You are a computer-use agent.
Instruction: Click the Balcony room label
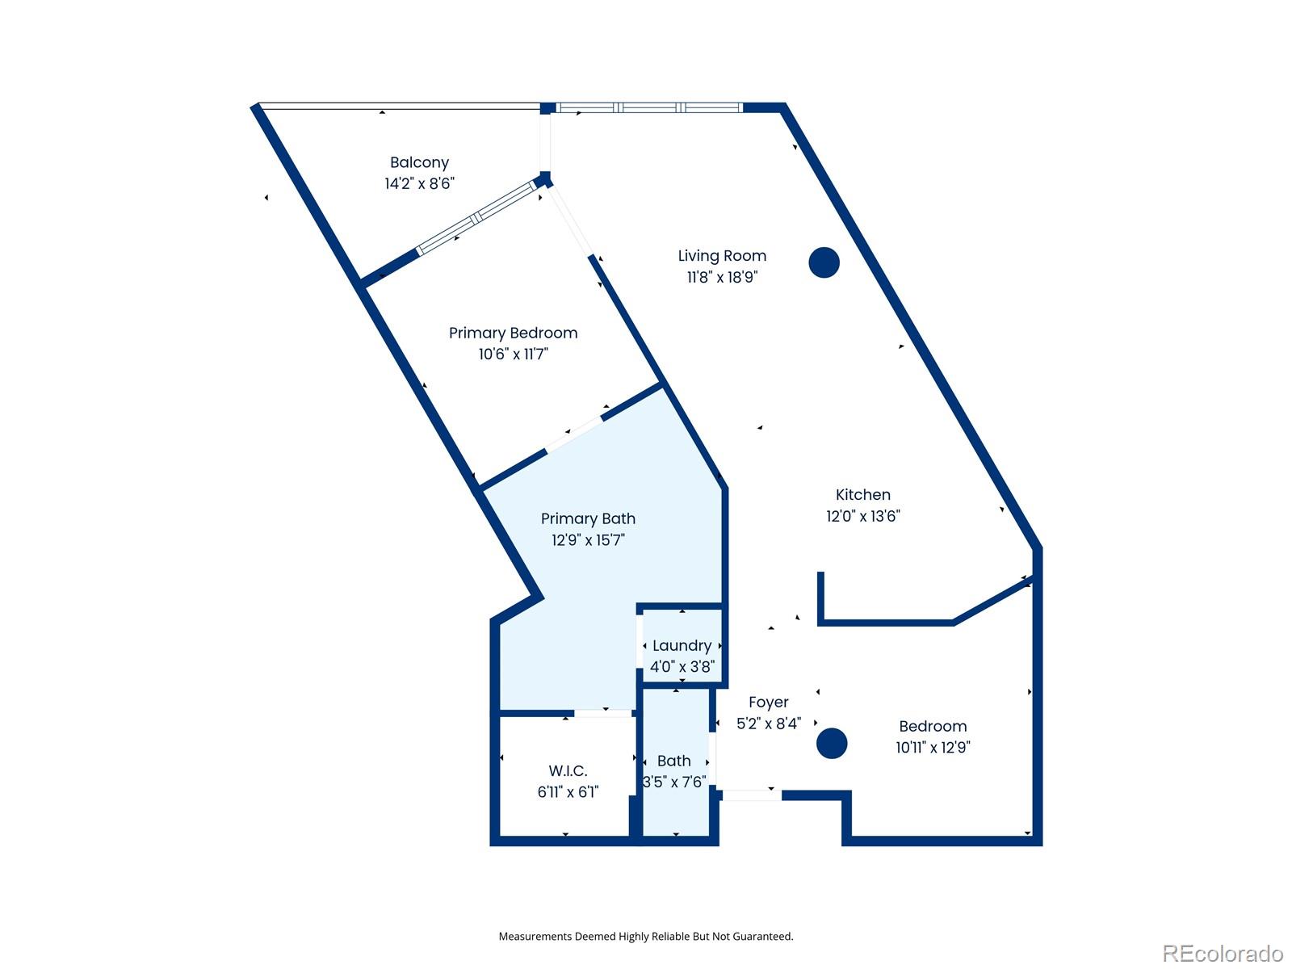pos(419,162)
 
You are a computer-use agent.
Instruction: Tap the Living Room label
pos(722,256)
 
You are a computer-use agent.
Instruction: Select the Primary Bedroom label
pos(513,333)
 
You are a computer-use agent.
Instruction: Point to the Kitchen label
pos(862,495)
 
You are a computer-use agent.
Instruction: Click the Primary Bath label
pos(588,518)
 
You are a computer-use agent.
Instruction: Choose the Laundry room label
pos(682,645)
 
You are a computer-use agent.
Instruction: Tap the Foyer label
pos(768,703)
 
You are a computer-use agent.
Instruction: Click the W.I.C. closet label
pos(568,771)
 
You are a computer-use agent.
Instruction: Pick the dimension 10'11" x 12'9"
pos(933,747)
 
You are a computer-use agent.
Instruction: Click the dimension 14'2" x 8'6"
pos(419,184)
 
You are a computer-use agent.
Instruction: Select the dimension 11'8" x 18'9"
pos(722,277)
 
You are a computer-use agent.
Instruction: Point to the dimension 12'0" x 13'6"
pos(862,516)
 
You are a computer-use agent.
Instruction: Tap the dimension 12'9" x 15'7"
pos(588,540)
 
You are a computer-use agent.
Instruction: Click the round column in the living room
pos(824,262)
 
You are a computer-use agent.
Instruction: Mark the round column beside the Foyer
pos(831,744)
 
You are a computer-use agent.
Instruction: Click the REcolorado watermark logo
pos(1222,954)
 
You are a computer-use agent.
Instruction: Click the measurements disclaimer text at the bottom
pos(645,937)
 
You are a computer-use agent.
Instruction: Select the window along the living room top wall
pos(648,107)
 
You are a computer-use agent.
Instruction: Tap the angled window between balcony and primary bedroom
pos(476,218)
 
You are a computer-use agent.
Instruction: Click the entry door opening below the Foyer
pos(751,795)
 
